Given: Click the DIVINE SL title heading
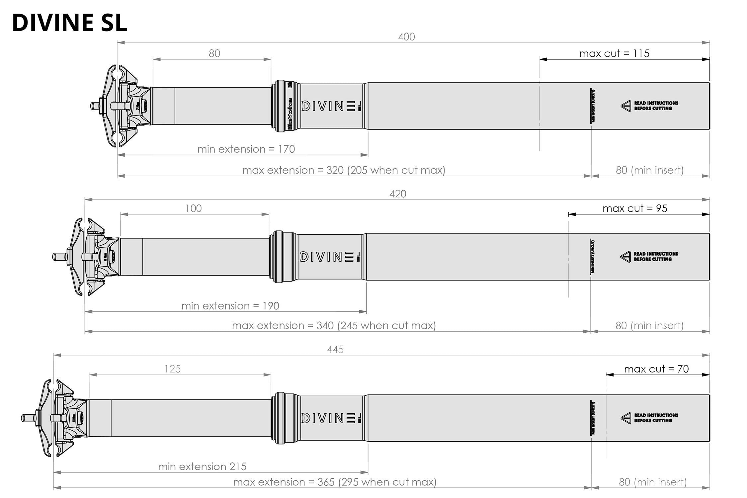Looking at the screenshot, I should pos(70,23).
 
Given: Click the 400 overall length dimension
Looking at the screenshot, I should pos(406,37).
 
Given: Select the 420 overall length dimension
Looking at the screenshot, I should pos(398,194).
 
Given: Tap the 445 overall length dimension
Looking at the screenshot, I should pos(335,349).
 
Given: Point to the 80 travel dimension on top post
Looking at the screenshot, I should pos(214,53).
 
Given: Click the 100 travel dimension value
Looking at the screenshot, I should pos(193,208).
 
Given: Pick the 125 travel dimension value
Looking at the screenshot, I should pos(173,369).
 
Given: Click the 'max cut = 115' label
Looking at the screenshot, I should pos(614,53).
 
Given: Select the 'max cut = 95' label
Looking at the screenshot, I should pos(635,208).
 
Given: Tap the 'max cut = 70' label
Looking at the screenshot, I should pos(656,369).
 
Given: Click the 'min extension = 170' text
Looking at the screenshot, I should pos(246,149).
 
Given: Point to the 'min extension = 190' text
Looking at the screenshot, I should pos(230,306).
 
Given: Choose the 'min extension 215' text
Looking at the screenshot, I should pos(202,466).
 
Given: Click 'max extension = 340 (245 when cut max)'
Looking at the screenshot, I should pos(334,325).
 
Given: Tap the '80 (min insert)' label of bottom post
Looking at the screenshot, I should pos(652,482).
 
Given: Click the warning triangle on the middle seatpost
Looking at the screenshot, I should pos(625,257).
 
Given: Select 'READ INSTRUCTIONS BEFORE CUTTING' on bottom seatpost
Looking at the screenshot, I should pos(656,418).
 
